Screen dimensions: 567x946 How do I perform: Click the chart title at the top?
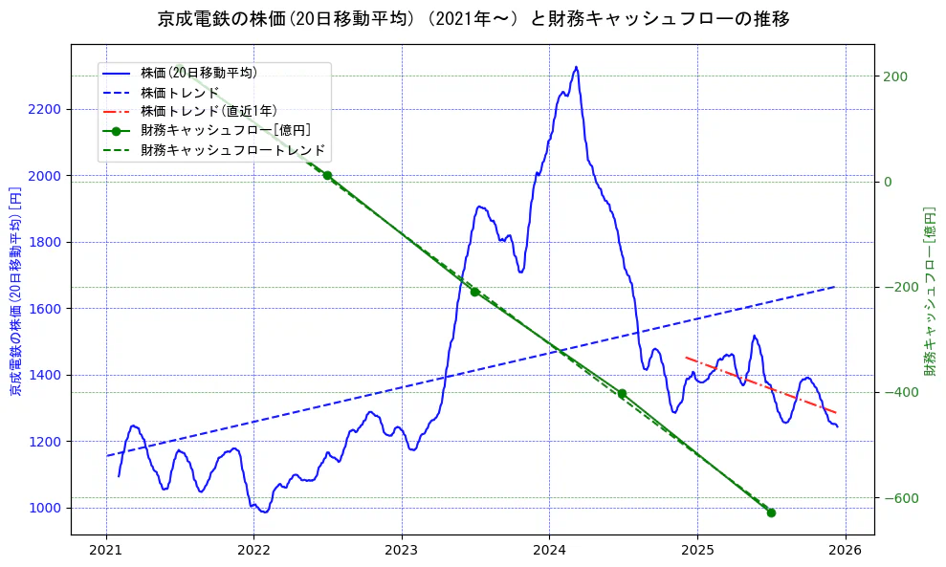pos(473,18)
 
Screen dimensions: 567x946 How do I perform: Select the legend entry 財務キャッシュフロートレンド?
pos(232,150)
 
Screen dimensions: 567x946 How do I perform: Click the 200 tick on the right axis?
pos(895,76)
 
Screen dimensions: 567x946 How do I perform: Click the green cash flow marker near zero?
pos(327,175)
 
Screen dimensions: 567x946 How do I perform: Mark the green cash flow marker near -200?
pos(474,292)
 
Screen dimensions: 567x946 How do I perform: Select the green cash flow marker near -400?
pos(622,393)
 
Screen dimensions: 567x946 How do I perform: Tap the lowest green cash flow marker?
pos(771,512)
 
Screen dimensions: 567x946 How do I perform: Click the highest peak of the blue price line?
pos(576,67)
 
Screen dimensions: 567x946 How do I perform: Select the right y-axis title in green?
pos(929,291)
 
